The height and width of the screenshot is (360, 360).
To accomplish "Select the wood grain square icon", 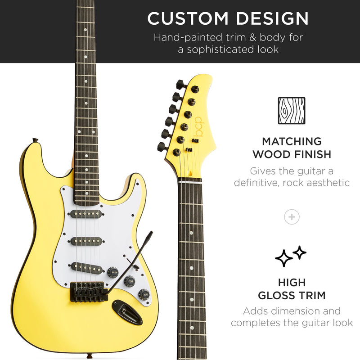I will (291, 110).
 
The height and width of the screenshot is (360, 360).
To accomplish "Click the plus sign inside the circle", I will (292, 217).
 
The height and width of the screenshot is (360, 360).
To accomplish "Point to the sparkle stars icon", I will (290, 256).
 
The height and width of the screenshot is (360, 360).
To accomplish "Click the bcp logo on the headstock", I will (198, 128).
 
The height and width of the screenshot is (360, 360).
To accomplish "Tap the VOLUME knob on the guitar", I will (112, 272).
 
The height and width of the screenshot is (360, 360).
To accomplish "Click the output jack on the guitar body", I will (126, 310).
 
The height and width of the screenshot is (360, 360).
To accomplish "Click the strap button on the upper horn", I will (34, 141).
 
